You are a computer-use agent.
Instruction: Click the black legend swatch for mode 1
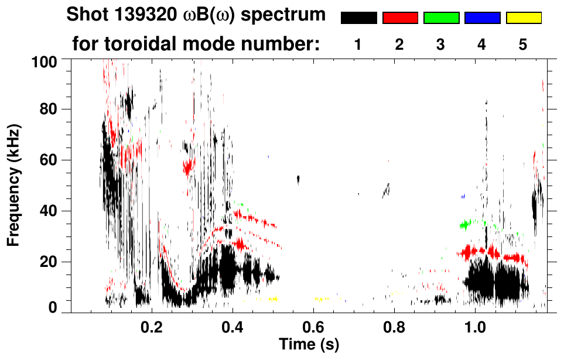point(358,18)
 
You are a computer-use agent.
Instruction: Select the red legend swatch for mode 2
point(400,18)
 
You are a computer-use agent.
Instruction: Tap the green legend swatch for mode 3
point(441,18)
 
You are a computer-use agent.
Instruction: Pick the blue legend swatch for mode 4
point(482,18)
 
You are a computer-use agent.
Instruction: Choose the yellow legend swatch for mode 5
point(523,18)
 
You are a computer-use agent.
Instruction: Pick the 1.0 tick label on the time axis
point(475,325)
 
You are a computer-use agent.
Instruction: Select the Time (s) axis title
point(309,343)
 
